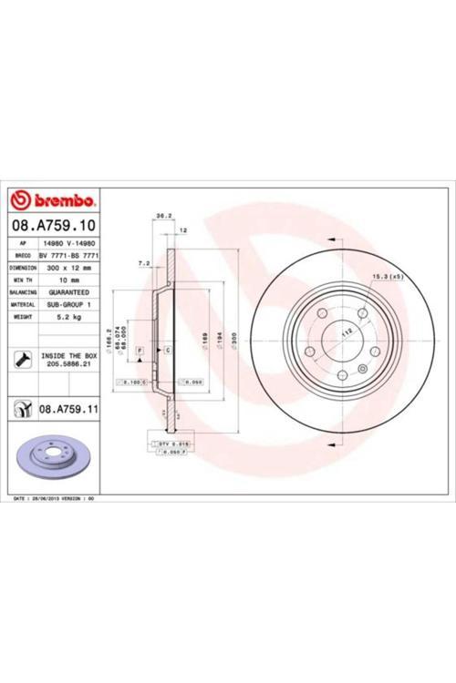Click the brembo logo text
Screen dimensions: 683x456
pyautogui.click(x=57, y=199)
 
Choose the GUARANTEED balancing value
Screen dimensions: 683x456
pyautogui.click(x=69, y=292)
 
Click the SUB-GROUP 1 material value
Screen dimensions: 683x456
pyautogui.click(x=69, y=304)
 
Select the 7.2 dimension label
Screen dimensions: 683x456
pyautogui.click(x=143, y=263)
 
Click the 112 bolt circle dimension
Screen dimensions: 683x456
pyautogui.click(x=347, y=333)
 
